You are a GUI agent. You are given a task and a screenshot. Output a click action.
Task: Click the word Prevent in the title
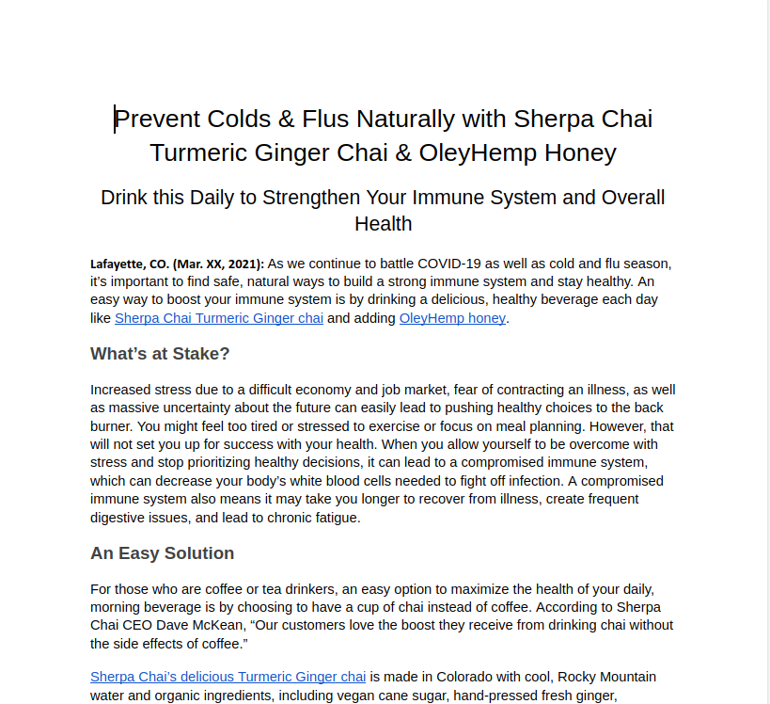[x=156, y=120]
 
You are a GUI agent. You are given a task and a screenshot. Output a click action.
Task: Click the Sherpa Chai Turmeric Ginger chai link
[x=219, y=318]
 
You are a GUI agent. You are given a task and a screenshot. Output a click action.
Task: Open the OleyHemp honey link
[x=452, y=318]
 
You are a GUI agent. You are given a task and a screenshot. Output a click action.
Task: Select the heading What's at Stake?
[x=160, y=354]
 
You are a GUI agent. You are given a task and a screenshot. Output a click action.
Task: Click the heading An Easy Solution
[x=162, y=553]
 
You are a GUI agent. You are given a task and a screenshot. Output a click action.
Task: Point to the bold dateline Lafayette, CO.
[x=130, y=264]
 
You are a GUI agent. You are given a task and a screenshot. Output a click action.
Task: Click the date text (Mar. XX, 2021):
[x=218, y=264]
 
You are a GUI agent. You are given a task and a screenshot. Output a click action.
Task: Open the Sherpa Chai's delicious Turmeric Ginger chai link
[x=228, y=677]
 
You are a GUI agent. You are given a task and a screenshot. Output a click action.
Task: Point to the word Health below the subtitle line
[x=383, y=224]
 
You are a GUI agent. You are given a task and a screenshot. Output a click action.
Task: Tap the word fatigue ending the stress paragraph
[x=334, y=518]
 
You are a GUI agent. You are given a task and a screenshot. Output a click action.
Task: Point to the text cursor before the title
[x=115, y=120]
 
